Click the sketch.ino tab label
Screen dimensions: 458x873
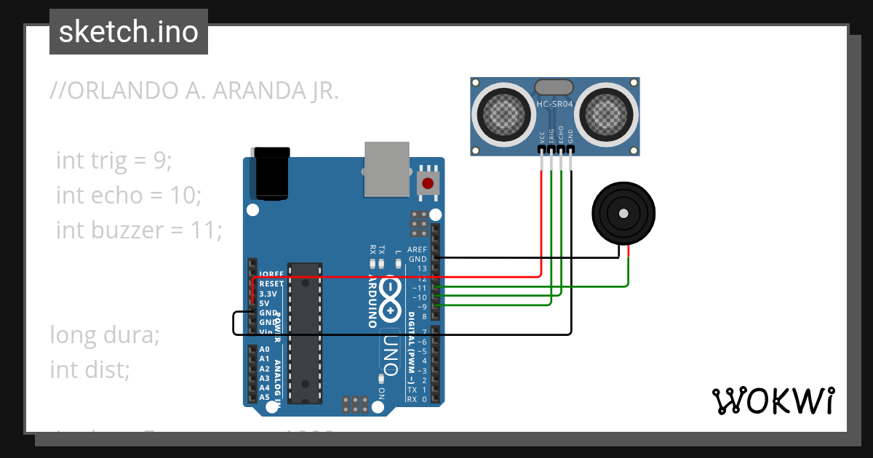[x=129, y=32]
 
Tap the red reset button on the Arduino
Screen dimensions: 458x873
[x=428, y=183]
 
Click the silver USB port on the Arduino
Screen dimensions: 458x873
[x=386, y=169]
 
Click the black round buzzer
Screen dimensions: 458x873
[x=623, y=212]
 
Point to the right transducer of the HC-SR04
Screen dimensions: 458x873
[x=607, y=113]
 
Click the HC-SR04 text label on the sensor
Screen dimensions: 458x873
[x=555, y=104]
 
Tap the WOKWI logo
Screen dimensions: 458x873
[x=773, y=401]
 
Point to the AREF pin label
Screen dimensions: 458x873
[x=417, y=249]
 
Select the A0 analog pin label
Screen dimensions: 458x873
[x=264, y=349]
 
